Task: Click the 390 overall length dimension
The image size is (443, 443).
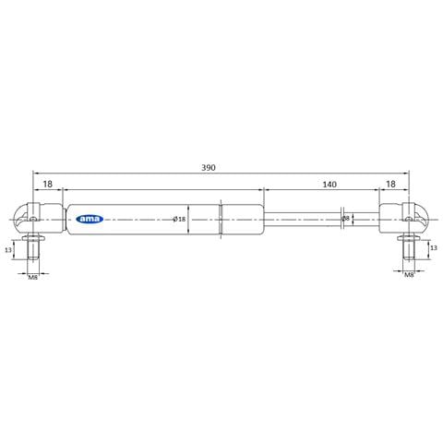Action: (209, 168)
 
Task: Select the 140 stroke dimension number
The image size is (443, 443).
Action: (329, 185)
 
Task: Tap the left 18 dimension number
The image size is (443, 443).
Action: (47, 185)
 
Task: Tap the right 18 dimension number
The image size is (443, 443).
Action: (390, 185)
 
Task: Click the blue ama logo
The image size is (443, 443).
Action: (90, 219)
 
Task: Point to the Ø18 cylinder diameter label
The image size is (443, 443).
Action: (179, 219)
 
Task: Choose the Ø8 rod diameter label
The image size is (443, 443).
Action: (346, 219)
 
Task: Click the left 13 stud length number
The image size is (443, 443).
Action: (8, 250)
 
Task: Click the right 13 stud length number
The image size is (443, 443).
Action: (434, 247)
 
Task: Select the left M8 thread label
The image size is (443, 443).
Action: (33, 278)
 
